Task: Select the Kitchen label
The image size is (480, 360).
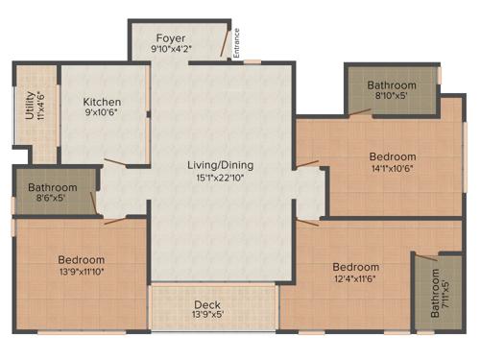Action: tap(101, 103)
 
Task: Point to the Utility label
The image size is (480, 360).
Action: tap(29, 106)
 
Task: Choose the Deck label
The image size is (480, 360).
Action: tap(207, 304)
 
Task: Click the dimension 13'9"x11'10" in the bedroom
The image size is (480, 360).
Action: tap(81, 273)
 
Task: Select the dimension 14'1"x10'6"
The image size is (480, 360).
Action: tap(393, 170)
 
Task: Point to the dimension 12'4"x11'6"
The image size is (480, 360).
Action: tap(355, 279)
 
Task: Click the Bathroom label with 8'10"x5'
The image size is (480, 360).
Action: tap(392, 85)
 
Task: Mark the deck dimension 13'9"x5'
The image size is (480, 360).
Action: tap(207, 316)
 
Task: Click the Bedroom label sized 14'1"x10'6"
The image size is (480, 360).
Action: tap(393, 156)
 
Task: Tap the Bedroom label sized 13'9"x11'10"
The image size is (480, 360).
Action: tap(81, 260)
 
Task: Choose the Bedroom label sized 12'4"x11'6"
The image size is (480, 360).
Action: tap(355, 267)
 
